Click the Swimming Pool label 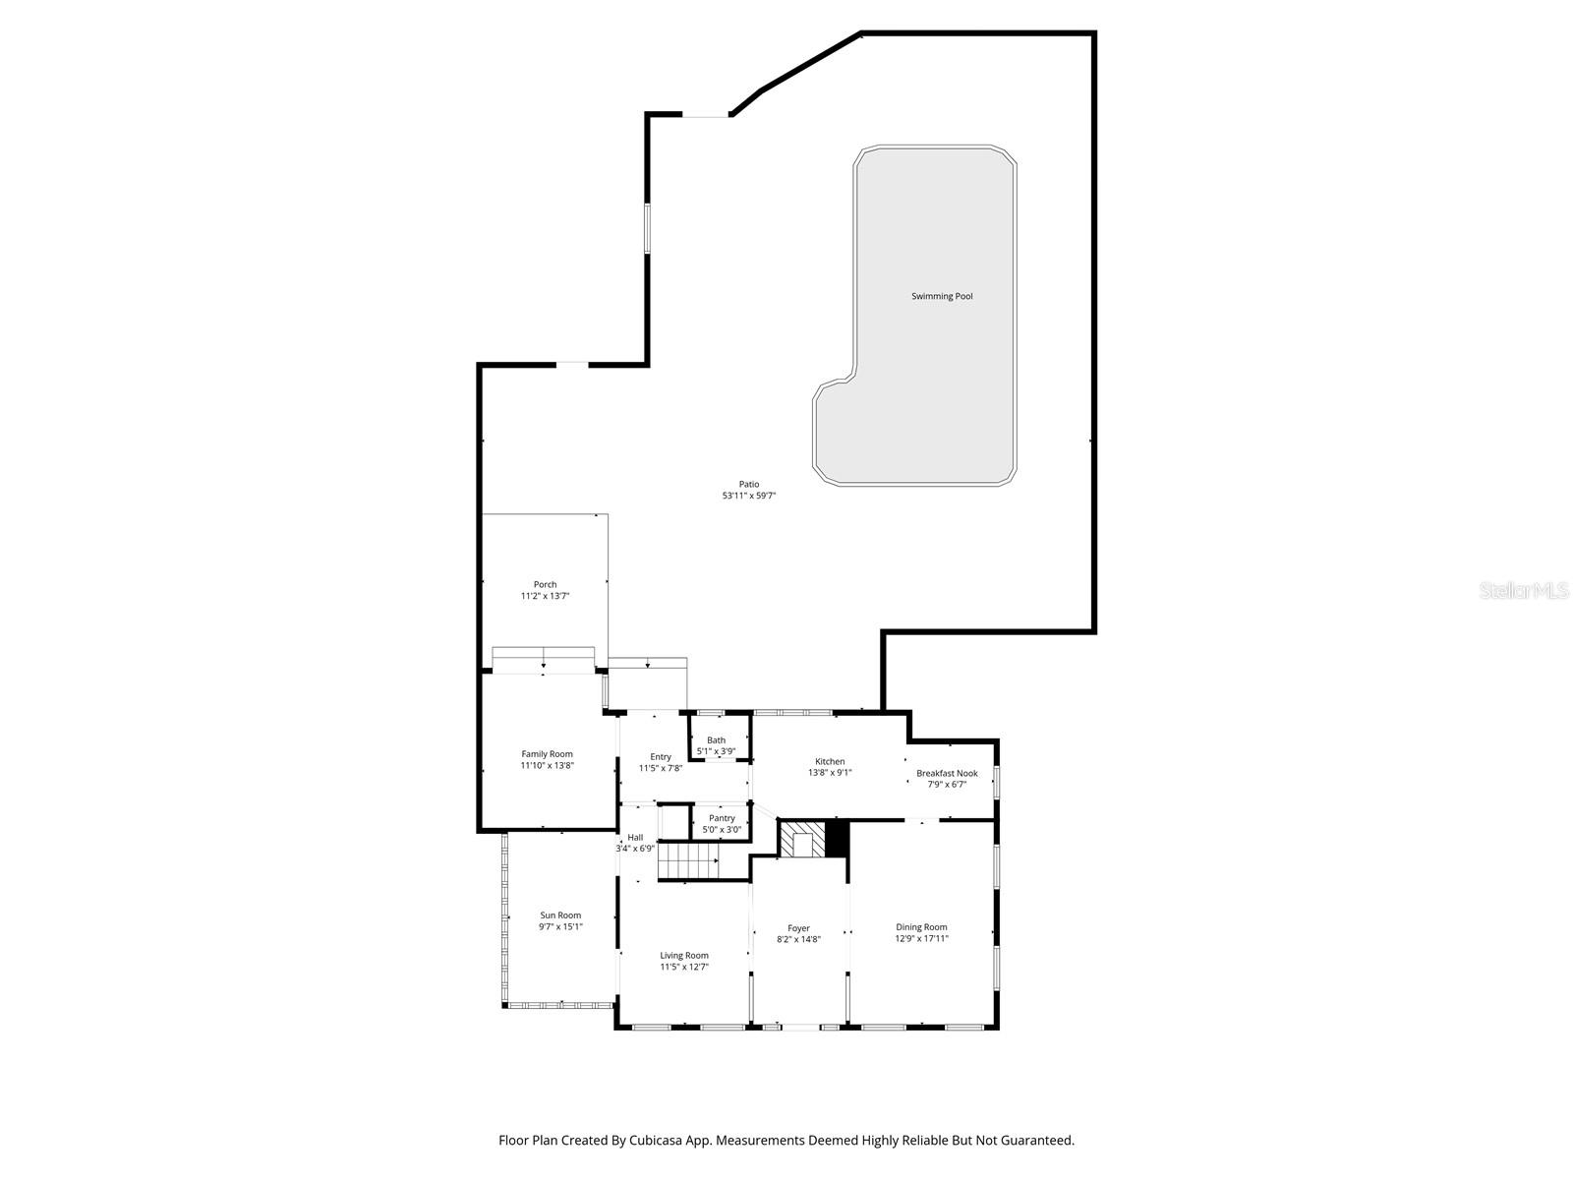[x=942, y=296]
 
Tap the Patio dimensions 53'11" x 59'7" [x=749, y=497]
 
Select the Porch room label [x=545, y=584]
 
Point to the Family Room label [x=547, y=754]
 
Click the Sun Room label [x=560, y=915]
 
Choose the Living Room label [x=683, y=955]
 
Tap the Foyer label [x=798, y=928]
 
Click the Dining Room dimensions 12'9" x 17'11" [x=921, y=939]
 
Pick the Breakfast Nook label [x=947, y=773]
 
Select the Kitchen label [x=830, y=761]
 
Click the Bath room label [x=716, y=740]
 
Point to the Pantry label [x=722, y=818]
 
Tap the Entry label [x=661, y=756]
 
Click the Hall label [x=635, y=837]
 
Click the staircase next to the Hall [x=688, y=862]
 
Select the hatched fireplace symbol [x=801, y=840]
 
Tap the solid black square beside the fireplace [x=836, y=840]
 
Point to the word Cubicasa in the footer [x=670, y=1141]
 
